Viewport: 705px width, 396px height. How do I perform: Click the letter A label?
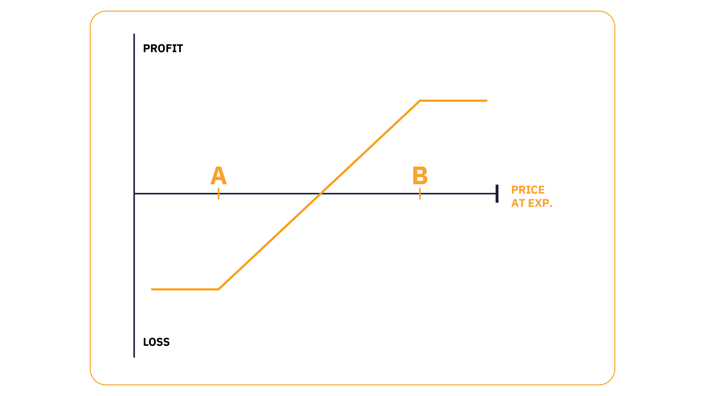(x=218, y=175)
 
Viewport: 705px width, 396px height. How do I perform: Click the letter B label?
(x=420, y=175)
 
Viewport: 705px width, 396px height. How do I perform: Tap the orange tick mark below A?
(x=218, y=194)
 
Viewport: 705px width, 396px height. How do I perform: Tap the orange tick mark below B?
(x=420, y=194)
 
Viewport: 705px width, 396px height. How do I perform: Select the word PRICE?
(x=528, y=190)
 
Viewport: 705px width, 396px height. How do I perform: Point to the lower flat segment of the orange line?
(x=185, y=289)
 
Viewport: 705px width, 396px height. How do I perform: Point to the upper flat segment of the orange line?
(x=453, y=101)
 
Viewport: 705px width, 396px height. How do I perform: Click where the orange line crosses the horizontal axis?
(x=321, y=194)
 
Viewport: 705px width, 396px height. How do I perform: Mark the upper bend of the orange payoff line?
(x=420, y=101)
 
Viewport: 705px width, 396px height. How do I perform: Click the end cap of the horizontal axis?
(x=497, y=194)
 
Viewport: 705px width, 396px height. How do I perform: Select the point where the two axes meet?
(x=134, y=194)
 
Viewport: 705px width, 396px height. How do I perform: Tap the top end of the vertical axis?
(x=134, y=34)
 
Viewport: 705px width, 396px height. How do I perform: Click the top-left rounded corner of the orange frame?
(x=95, y=16)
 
